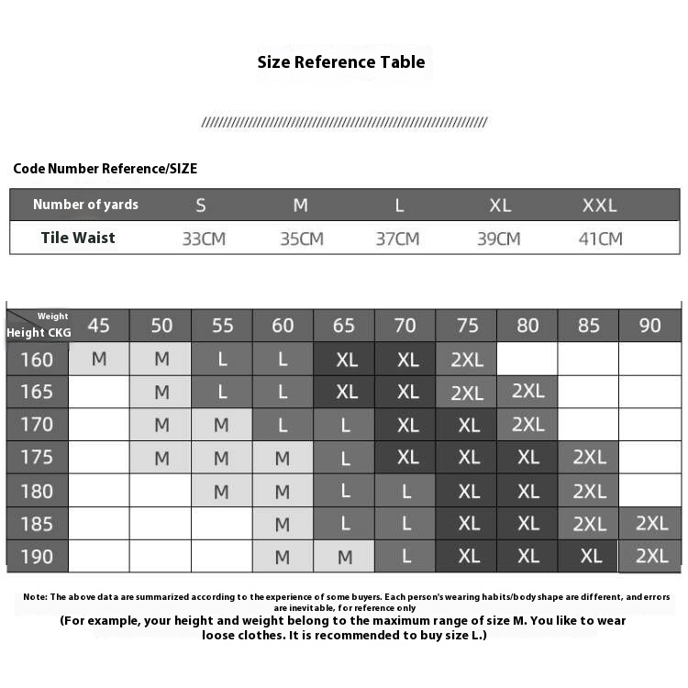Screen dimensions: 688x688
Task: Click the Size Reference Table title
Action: coord(341,62)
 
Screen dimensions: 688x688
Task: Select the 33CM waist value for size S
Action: coord(204,239)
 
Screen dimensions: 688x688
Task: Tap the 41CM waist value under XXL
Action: coord(601,239)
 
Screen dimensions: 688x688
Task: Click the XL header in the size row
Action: coord(500,205)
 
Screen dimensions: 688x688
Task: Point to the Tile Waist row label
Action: coord(78,238)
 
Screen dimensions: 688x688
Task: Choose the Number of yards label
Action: coord(85,205)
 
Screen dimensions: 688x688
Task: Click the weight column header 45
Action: coord(98,326)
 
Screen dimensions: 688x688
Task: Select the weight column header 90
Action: coord(650,326)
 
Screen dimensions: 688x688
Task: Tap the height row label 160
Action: coord(37,359)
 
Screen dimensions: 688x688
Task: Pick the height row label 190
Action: coord(37,557)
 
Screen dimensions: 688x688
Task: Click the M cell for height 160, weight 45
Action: coord(99,359)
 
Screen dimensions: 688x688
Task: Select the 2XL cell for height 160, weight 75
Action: coord(467,360)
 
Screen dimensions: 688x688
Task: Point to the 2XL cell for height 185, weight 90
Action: coord(651,523)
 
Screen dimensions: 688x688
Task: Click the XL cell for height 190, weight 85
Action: coord(591,557)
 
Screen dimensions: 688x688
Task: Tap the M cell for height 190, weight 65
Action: coord(345,557)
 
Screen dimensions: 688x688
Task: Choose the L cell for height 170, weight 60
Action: coord(283,425)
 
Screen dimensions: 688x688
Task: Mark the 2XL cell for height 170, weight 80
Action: coord(528,424)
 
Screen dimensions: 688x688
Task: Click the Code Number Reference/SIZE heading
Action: coord(105,169)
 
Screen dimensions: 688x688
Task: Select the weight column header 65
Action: coord(344,326)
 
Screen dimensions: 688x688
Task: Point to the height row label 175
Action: coord(37,458)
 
